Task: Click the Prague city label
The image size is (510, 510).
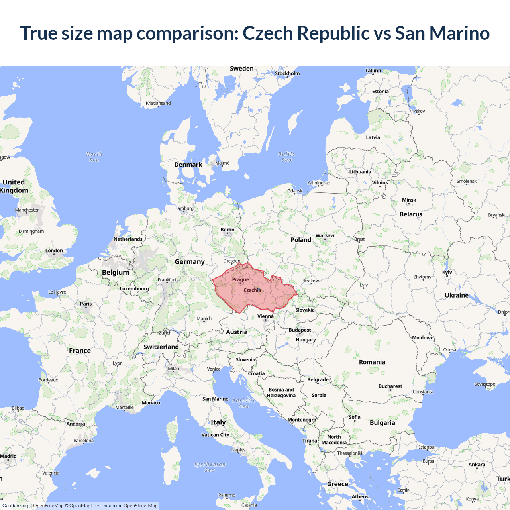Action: (241, 279)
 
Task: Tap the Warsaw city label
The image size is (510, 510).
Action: (325, 235)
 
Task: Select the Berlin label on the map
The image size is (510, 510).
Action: (228, 229)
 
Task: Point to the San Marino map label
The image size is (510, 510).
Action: (215, 399)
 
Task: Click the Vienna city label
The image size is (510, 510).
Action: (265, 316)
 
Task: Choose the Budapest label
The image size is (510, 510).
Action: (300, 330)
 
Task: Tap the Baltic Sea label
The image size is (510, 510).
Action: (286, 157)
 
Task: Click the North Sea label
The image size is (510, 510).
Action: (94, 157)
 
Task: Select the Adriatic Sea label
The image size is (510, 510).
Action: (243, 403)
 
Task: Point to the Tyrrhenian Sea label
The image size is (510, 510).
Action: (210, 467)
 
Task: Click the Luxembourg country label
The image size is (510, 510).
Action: (134, 288)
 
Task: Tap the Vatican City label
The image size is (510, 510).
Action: (215, 435)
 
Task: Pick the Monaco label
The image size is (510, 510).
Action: (151, 403)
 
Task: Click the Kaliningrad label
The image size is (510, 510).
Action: (318, 183)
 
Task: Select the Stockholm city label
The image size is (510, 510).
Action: (287, 73)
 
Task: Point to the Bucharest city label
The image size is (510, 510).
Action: (390, 386)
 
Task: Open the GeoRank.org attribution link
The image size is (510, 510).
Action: (16, 506)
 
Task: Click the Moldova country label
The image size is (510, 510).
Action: (422, 337)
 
